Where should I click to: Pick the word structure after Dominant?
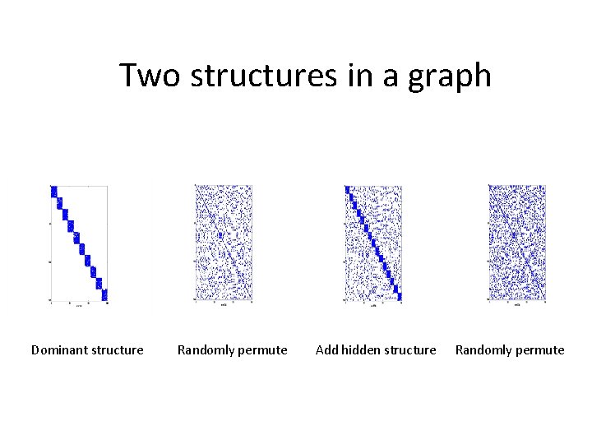tap(115, 350)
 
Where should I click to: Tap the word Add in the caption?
tap(326, 350)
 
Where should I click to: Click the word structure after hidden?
tap(409, 350)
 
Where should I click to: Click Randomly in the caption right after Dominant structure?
tap(205, 350)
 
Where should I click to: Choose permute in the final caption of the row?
tap(539, 350)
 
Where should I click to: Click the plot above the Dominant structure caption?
tap(79, 243)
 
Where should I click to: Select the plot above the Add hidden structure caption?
tap(373, 243)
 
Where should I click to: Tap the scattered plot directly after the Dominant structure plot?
tap(223, 243)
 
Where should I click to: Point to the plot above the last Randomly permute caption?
tap(517, 243)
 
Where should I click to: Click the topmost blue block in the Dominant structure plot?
tap(54, 192)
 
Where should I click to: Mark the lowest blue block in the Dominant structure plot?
tap(104, 295)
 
